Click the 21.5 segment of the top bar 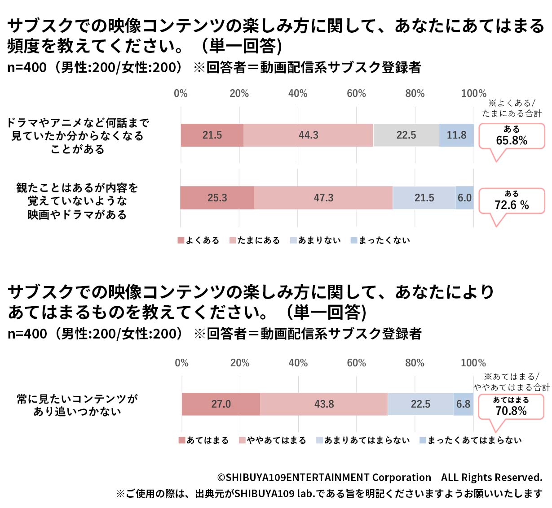212,135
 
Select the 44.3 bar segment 308,135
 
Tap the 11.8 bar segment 456,135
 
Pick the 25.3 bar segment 217,198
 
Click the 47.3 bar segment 323,198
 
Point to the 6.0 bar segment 464,198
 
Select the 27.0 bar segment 221,404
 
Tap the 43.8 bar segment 324,404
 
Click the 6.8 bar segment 463,404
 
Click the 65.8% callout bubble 512,136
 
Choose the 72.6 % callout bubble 512,201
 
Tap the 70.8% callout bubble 511,407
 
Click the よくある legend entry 199,240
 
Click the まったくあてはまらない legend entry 470,440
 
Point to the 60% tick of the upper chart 356,93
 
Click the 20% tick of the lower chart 240,363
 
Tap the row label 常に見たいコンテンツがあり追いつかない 77,405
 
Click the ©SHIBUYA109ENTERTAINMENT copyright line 380,478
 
